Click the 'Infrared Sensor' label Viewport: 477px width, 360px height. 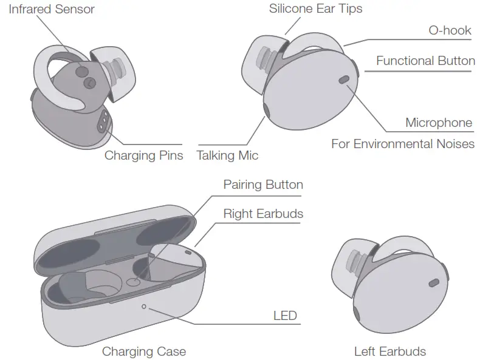pos(52,10)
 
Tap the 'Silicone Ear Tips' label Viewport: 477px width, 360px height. pos(315,9)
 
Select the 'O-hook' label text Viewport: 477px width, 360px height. pos(450,30)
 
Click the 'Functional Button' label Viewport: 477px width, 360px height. pos(425,61)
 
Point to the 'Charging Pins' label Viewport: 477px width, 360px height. pos(143,155)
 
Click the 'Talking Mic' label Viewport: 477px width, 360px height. pos(227,155)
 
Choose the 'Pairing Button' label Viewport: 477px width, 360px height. pos(263,184)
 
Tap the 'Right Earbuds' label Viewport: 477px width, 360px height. pos(263,214)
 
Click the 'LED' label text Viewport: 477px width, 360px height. pos(285,315)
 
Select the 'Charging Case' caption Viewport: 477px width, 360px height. pos(143,351)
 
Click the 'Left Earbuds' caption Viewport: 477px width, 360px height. pos(389,351)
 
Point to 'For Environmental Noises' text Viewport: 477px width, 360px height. pos(402,144)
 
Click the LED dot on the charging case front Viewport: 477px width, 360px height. pos(144,307)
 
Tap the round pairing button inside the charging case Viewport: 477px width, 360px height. pos(134,282)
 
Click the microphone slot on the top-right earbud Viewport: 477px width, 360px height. pos(343,79)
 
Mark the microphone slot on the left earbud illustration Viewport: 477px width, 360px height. pos(433,283)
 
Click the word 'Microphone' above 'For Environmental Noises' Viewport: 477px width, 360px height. pos(438,123)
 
